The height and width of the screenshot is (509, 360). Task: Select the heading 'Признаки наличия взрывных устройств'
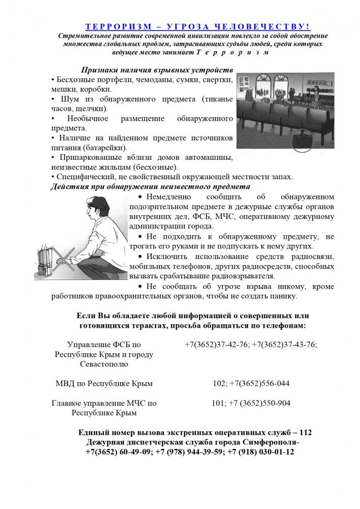pyautogui.click(x=157, y=70)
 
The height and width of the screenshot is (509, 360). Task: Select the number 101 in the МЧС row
pyautogui.click(x=217, y=403)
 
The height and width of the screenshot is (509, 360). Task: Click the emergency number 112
pyautogui.click(x=306, y=432)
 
